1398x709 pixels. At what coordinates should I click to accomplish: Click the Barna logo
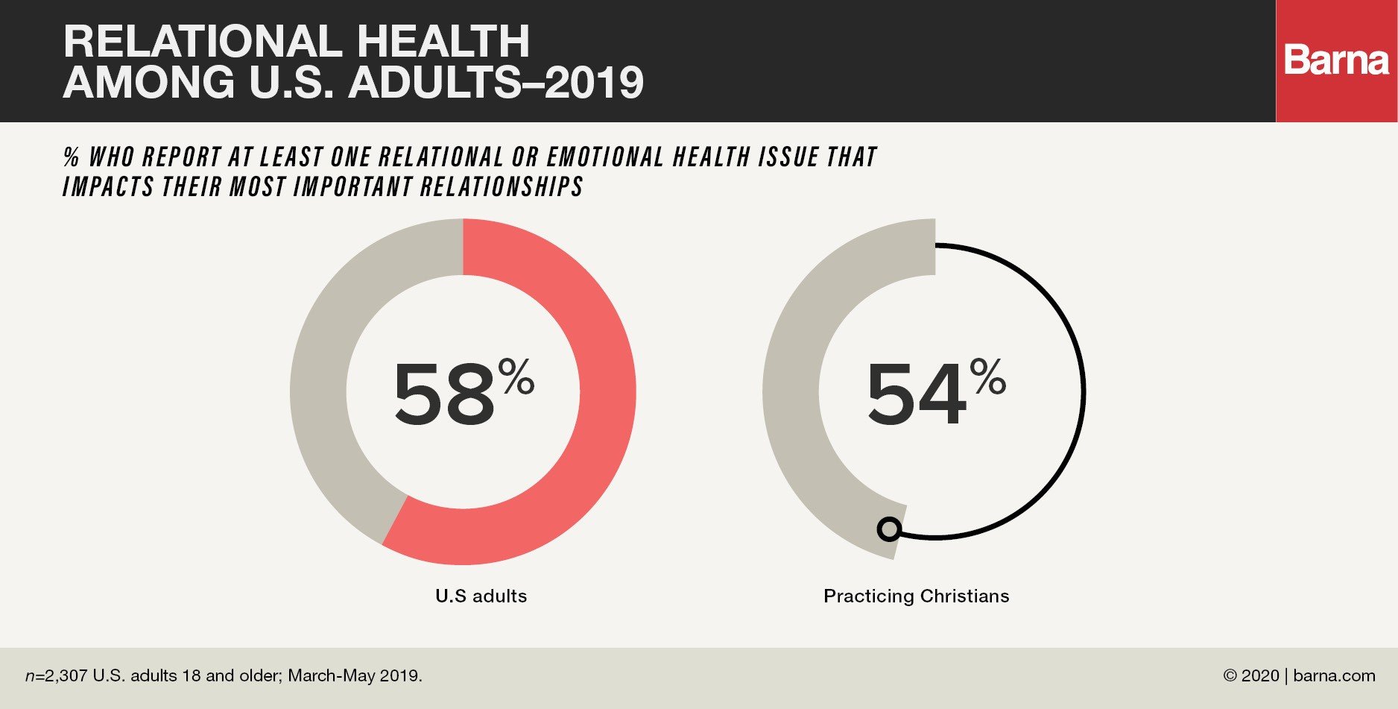(1336, 60)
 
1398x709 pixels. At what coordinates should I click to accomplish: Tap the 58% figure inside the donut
(464, 392)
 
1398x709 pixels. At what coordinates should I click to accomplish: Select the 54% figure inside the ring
(936, 392)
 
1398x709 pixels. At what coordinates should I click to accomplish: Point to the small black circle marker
(889, 529)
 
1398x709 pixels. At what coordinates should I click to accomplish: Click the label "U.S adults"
(481, 596)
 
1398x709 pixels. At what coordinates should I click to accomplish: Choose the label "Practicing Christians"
(917, 596)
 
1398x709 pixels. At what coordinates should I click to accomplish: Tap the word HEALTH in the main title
(443, 41)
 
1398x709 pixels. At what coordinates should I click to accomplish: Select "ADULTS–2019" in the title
(496, 82)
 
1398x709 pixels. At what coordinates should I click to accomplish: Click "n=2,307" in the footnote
(57, 676)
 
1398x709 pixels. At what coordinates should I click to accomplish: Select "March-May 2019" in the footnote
(354, 676)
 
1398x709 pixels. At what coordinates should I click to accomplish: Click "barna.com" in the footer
(1334, 676)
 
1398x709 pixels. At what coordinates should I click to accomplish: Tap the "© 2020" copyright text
(1250, 676)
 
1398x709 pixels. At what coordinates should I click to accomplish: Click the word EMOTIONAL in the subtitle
(605, 157)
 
